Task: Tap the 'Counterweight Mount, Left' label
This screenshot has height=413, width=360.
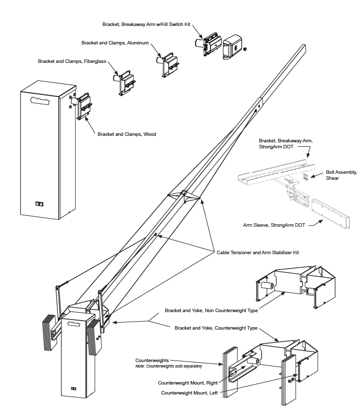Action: point(189,393)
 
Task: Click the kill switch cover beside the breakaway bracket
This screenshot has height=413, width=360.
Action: point(232,48)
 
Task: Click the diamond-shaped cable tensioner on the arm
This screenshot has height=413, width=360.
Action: point(184,195)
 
